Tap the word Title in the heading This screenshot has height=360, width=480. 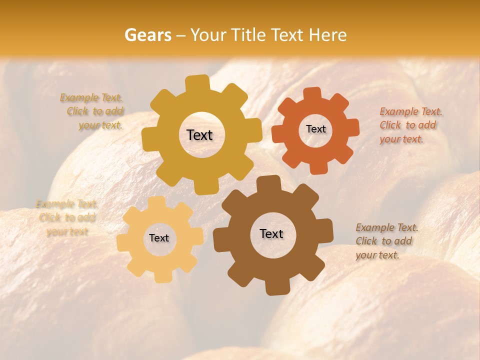248,35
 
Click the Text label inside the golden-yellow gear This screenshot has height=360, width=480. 199,135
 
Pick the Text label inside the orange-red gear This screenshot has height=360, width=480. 315,129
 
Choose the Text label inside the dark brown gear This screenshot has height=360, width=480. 271,233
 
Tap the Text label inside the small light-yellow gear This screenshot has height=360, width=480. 159,238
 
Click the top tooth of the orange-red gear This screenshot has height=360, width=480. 312,93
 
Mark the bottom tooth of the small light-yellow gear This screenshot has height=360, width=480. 160,276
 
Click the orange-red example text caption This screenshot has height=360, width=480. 411,125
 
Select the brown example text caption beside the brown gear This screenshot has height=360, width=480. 386,241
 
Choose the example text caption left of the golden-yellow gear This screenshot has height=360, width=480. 92,111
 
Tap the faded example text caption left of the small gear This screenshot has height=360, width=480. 66,218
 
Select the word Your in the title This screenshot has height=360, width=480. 206,35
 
